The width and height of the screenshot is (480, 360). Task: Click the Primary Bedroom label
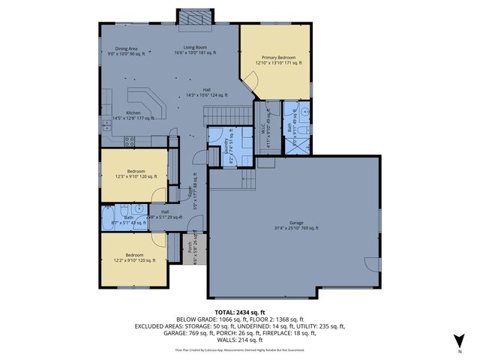tap(278, 58)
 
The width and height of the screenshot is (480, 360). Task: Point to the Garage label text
tap(295, 223)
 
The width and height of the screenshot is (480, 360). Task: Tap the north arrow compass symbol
tap(460, 341)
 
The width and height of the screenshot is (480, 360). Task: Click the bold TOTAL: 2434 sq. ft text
tap(239, 311)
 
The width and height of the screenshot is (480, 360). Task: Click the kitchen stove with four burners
tap(128, 139)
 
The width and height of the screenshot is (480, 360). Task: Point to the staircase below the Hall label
tap(229, 112)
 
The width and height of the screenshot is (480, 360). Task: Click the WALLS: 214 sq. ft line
tap(239, 340)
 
